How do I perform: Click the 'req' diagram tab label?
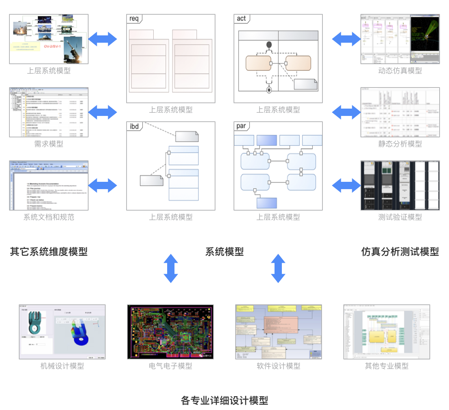tap(134, 19)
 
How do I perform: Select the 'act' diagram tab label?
tap(241, 19)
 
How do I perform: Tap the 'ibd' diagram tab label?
tap(134, 126)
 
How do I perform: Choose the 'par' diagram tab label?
tap(241, 126)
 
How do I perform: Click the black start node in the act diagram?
tap(268, 44)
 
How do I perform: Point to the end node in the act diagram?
tap(268, 90)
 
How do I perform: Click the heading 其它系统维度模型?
tap(49, 251)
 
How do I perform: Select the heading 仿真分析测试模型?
tap(400, 251)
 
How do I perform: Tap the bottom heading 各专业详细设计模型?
tap(224, 400)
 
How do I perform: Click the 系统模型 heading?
tap(224, 251)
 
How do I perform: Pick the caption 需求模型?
tap(49, 144)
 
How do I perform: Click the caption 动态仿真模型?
tap(400, 71)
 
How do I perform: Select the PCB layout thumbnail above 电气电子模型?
tap(170, 331)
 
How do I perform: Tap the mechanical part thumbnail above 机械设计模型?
tap(62, 331)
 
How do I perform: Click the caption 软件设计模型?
tap(279, 366)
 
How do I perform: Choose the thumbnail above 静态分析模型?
tap(400, 112)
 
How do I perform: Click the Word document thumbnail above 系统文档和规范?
tap(49, 185)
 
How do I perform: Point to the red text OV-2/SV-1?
tap(53, 46)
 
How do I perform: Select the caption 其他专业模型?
tap(386, 366)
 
